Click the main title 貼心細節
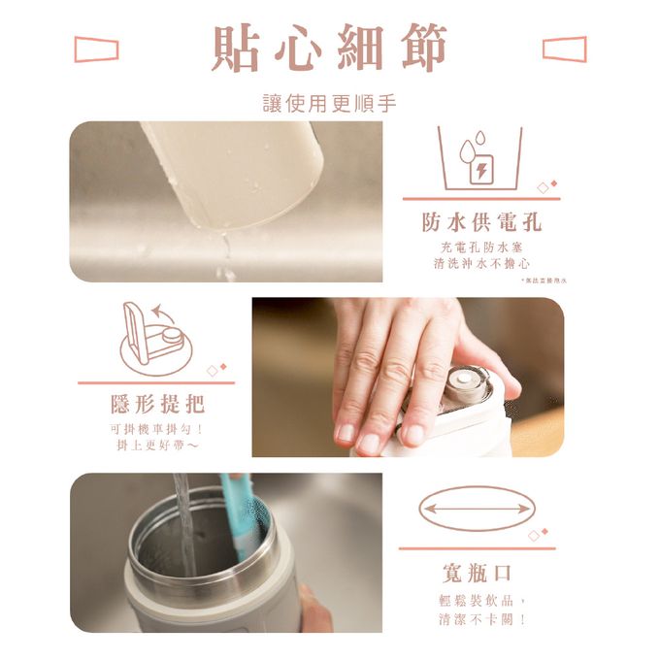[x=330, y=48]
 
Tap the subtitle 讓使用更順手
[x=330, y=103]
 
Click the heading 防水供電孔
[x=481, y=222]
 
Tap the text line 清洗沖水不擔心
[x=481, y=263]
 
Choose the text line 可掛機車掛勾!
[x=156, y=428]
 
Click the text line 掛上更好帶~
[x=156, y=445]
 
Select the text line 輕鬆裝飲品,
[x=479, y=600]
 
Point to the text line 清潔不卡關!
[x=479, y=618]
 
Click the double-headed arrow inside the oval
[x=476, y=508]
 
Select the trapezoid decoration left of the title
[x=96, y=49]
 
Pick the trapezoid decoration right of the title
[x=564, y=49]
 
